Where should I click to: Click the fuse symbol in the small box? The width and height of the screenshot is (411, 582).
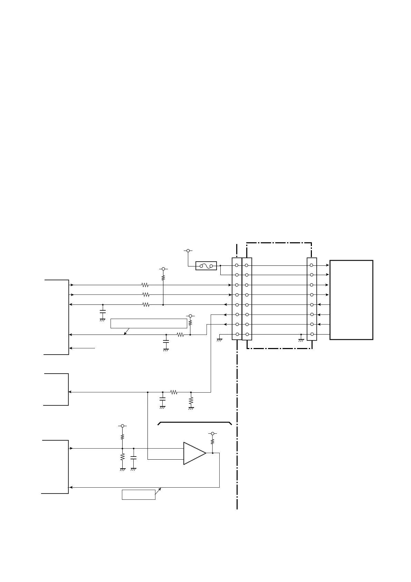coord(206,266)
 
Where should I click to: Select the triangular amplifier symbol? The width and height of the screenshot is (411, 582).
coord(194,453)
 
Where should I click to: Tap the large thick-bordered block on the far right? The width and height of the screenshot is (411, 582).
coord(351,300)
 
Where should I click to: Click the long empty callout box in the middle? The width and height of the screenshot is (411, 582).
coord(149,323)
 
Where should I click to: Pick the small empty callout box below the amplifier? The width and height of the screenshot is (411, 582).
coord(138,495)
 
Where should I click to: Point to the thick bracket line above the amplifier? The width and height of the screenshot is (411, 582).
coord(194,423)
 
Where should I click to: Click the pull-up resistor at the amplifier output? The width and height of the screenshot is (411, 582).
coord(213,442)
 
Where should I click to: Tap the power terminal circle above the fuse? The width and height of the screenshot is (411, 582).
coord(188,250)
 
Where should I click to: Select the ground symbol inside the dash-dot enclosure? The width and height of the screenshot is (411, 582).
coord(301,340)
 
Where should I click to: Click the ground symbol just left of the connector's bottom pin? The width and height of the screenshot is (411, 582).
coord(219,340)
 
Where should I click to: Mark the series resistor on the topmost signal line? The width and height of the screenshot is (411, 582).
coord(145,285)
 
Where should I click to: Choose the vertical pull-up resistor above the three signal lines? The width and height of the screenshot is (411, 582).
coord(163,277)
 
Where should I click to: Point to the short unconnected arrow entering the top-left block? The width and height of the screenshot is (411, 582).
coord(82,348)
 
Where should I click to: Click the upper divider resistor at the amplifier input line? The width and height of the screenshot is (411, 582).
coord(122,437)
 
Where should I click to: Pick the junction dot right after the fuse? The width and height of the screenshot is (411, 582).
coord(220,265)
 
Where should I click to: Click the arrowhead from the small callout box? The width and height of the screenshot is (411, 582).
coord(160,488)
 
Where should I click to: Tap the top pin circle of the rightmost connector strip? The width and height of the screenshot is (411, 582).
coord(312,265)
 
